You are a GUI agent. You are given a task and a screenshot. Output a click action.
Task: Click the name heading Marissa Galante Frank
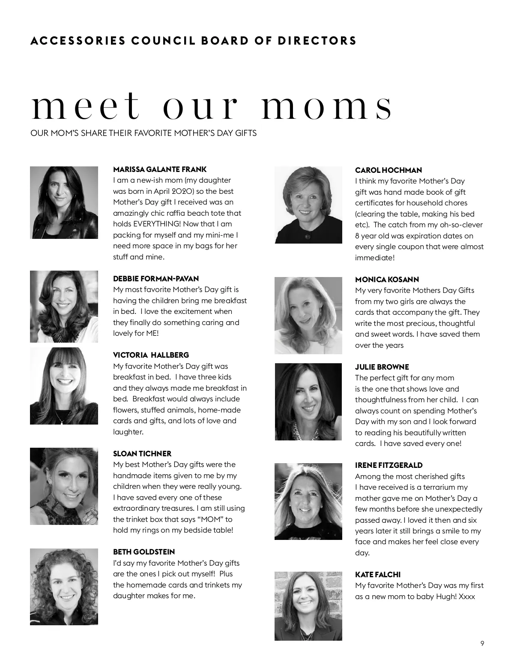(160, 169)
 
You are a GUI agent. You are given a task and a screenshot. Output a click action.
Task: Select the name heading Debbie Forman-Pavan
(156, 279)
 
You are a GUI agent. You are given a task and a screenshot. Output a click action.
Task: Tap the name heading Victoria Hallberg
(151, 355)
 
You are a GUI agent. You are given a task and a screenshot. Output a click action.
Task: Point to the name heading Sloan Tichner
(142, 454)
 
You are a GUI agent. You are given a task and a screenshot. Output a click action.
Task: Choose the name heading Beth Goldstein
(144, 552)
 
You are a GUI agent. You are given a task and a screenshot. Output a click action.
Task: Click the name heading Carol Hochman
(388, 170)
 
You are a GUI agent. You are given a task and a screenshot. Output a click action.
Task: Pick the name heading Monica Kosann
(387, 280)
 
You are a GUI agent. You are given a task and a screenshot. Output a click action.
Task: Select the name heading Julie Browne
(382, 367)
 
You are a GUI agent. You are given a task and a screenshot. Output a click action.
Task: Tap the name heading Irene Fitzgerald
(389, 465)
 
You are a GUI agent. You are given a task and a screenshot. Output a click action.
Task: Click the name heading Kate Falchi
(378, 575)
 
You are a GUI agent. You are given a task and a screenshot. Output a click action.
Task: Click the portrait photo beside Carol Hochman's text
(308, 205)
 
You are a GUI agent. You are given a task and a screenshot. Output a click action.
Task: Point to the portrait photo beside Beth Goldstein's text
(64, 587)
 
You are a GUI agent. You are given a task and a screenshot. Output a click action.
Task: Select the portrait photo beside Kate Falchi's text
(308, 606)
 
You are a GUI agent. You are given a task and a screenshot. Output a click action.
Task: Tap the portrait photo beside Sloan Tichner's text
(64, 486)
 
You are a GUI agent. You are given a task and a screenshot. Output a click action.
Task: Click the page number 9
(482, 643)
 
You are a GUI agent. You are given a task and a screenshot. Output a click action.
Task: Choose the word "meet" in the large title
(86, 106)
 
